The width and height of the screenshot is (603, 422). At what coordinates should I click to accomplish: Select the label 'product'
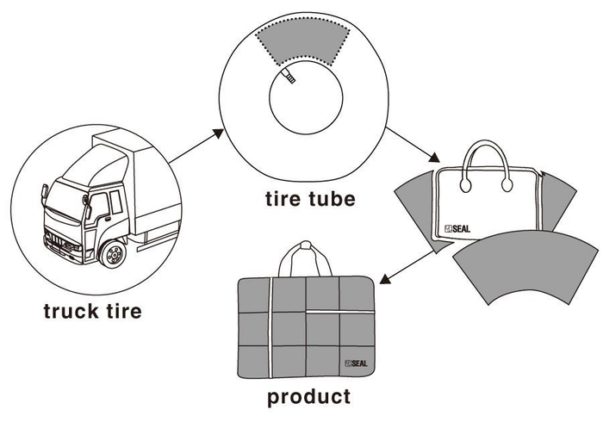tap(308, 397)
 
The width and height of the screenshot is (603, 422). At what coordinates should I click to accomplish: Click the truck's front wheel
tap(112, 254)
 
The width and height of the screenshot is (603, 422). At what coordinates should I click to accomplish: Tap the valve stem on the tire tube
tap(288, 78)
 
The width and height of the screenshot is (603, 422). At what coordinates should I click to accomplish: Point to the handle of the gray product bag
tap(300, 256)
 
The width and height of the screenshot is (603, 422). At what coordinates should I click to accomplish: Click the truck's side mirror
tap(87, 205)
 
